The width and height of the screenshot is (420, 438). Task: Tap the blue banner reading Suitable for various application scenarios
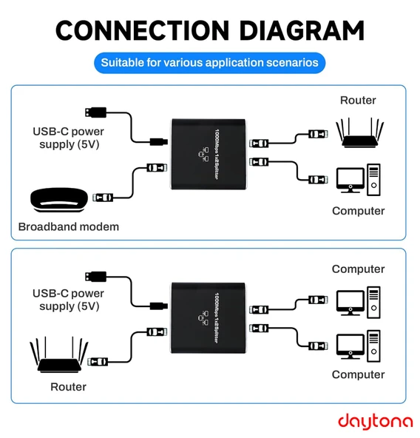[x=209, y=63]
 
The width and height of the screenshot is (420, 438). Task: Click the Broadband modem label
[x=68, y=226]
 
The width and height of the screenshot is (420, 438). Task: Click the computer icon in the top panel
[x=358, y=181]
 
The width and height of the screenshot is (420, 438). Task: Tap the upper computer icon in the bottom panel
[x=358, y=300]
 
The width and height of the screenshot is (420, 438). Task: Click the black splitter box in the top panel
[x=208, y=151]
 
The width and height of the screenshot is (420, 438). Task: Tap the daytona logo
[x=375, y=420]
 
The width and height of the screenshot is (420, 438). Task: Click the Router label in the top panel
[x=358, y=100]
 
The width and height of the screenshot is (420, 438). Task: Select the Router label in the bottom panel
[x=68, y=386]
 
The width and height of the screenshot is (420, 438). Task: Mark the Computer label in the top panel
[x=358, y=211]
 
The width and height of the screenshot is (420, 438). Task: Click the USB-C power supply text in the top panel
[x=68, y=138]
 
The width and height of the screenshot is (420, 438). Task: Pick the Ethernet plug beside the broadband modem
[x=104, y=198]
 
